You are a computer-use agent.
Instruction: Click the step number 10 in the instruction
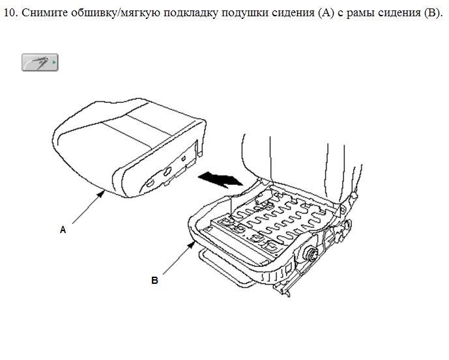pos(10,12)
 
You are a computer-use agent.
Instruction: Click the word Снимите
pos(44,12)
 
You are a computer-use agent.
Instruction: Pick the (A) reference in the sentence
pos(326,13)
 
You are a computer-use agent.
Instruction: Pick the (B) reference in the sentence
pos(431,13)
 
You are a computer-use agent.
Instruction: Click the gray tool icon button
pos(40,62)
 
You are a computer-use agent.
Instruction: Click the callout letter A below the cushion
pos(63,230)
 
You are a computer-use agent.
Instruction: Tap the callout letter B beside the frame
pos(154,281)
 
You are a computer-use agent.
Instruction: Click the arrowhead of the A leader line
pos(101,195)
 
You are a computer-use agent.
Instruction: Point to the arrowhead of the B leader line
pos(192,245)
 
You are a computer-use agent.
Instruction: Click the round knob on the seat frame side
pos(311,253)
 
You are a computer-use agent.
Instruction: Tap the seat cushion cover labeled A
pos(129,149)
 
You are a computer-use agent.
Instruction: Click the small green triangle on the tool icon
pos(54,62)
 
